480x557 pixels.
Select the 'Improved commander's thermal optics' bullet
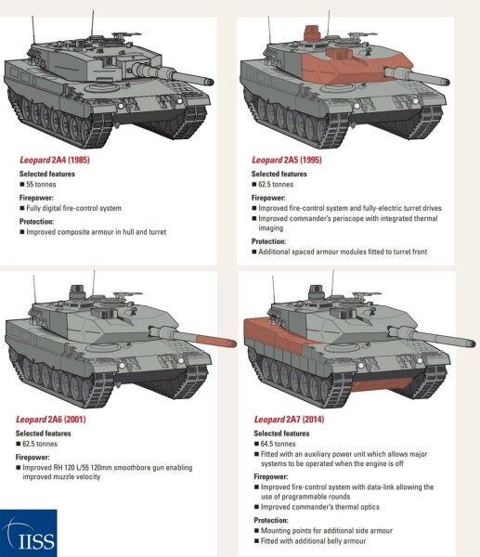click(x=326, y=507)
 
